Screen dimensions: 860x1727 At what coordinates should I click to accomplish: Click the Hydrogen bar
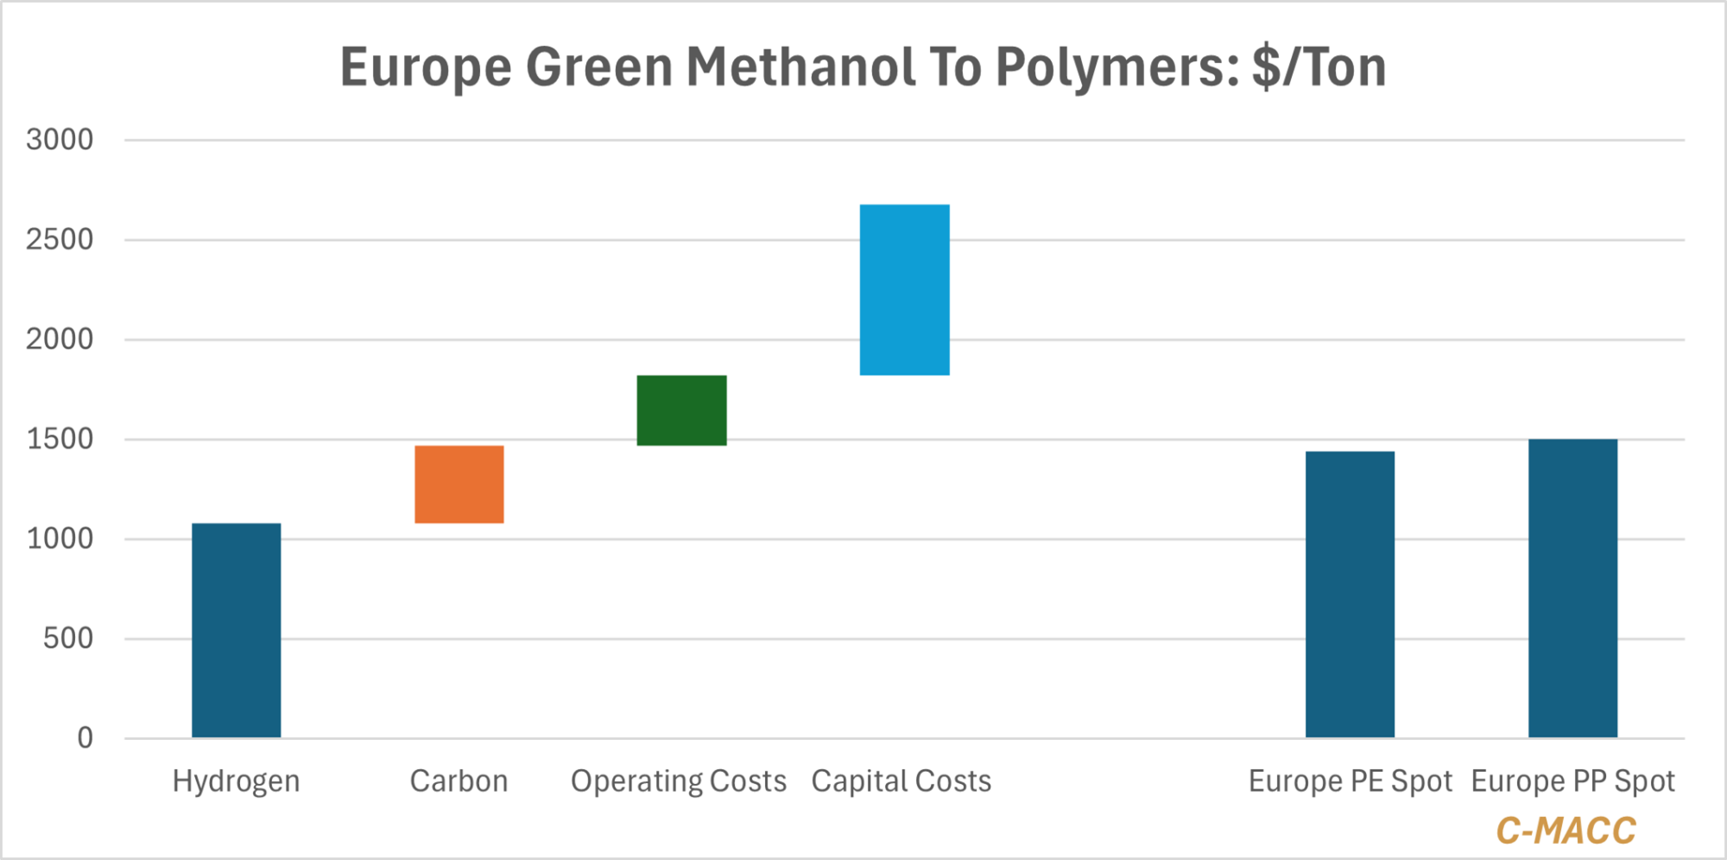236,630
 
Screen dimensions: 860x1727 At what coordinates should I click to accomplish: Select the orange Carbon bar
459,484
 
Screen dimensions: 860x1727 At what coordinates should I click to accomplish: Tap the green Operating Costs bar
681,410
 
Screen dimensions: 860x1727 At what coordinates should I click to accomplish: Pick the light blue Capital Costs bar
904,290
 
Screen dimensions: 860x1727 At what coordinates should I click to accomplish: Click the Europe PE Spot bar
1350,594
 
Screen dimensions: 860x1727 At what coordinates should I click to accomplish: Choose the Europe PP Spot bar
1572,588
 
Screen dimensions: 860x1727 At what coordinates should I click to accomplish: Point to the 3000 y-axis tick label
60,140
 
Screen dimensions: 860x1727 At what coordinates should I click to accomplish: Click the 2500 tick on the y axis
60,239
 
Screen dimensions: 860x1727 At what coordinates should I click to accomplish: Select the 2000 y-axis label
60,339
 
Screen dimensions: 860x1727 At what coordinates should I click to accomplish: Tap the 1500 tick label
60,439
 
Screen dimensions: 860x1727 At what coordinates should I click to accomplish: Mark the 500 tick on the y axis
68,639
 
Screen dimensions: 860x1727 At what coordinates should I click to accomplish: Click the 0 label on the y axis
85,738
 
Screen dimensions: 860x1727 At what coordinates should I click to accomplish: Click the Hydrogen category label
236,781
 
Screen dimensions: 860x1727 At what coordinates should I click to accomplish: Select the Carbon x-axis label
459,781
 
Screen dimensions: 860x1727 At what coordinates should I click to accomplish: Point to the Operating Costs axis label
679,781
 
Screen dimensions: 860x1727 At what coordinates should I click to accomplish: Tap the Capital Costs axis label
901,781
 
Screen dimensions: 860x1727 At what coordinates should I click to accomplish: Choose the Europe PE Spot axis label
1351,781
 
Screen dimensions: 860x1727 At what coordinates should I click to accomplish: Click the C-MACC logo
1566,831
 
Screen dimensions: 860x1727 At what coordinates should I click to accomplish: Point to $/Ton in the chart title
1319,67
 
